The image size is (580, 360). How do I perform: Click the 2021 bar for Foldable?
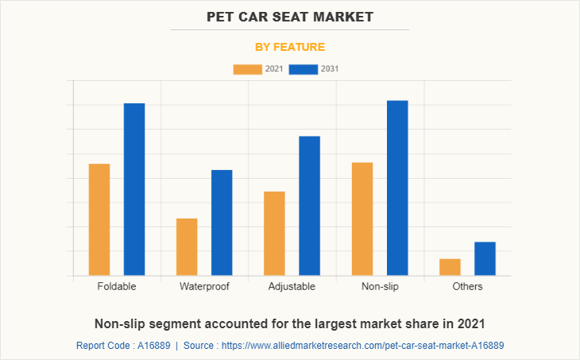click(99, 219)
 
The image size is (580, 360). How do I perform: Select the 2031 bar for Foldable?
click(134, 189)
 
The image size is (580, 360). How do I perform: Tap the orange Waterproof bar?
click(187, 246)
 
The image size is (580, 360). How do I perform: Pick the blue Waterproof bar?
click(222, 223)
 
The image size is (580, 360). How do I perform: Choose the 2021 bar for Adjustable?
click(274, 233)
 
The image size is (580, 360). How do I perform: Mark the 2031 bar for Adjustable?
click(309, 206)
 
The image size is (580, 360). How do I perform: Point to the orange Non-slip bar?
click(362, 219)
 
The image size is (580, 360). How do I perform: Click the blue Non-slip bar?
click(397, 188)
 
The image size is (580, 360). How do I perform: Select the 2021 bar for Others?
click(450, 267)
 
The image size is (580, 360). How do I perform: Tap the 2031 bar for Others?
click(485, 258)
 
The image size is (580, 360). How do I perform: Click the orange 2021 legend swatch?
click(247, 69)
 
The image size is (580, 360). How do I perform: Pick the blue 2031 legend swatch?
click(304, 69)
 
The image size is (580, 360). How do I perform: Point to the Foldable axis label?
click(117, 286)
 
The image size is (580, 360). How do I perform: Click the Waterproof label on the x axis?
click(204, 286)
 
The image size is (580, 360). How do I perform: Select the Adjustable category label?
click(292, 286)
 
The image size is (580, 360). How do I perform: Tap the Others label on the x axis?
click(467, 286)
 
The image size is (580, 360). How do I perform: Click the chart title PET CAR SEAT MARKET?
click(289, 17)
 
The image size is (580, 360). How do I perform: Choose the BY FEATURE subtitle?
click(289, 47)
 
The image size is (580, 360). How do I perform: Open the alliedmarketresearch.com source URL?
click(362, 346)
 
